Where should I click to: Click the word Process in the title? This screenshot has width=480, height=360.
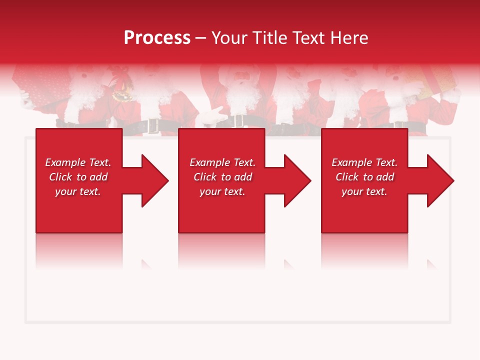[157, 37]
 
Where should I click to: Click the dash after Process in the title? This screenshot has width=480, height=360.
[200, 38]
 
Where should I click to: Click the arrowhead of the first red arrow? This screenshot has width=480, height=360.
[155, 180]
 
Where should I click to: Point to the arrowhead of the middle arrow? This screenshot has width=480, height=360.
[297, 180]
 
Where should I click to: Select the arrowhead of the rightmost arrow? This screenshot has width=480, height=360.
[440, 180]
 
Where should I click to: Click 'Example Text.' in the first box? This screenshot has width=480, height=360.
[78, 162]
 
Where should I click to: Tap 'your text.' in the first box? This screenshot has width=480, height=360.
[78, 191]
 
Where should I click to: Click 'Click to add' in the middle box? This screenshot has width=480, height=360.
[222, 177]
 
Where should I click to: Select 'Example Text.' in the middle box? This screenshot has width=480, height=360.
[222, 162]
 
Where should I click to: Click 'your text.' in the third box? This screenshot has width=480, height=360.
[364, 191]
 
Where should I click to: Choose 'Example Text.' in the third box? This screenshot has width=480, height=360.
[364, 162]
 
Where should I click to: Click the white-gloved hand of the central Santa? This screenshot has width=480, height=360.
[212, 115]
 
